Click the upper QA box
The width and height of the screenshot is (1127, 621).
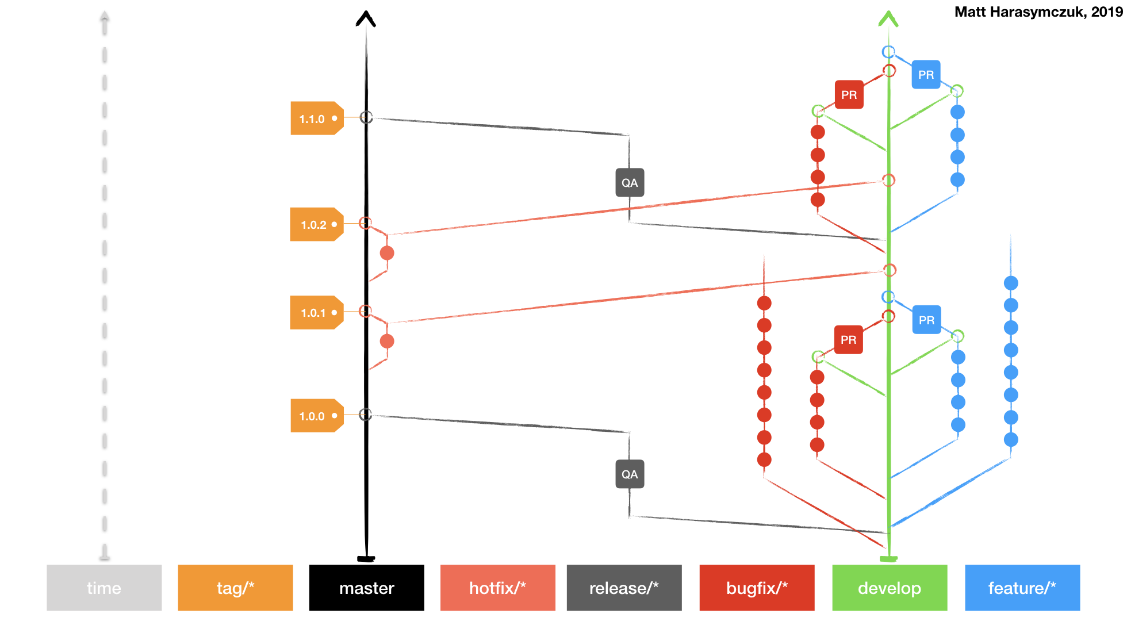(630, 183)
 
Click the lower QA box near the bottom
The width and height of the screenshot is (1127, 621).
(630, 474)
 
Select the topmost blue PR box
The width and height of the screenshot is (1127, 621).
(926, 75)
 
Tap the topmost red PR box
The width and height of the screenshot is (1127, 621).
(849, 95)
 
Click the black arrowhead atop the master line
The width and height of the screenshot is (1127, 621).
(366, 19)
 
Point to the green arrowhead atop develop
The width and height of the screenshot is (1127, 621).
(888, 19)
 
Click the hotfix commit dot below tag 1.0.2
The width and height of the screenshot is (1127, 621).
(387, 253)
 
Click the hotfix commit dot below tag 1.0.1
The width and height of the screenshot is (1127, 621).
(387, 342)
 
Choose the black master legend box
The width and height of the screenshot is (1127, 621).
(366, 588)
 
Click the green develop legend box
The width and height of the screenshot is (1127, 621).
(890, 588)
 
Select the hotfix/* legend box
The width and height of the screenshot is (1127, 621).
(497, 588)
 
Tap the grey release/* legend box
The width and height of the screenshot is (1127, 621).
(624, 588)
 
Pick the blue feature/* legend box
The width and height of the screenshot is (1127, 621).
(1022, 588)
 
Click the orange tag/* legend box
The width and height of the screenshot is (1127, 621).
(235, 588)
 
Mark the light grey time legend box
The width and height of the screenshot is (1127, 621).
(104, 588)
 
